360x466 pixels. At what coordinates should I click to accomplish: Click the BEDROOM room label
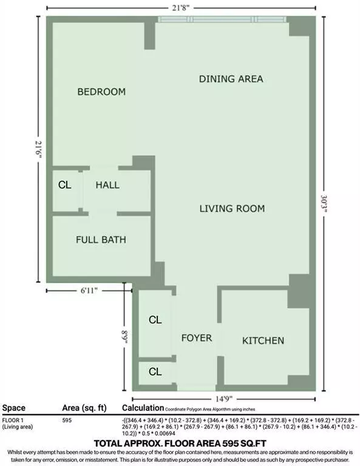101,92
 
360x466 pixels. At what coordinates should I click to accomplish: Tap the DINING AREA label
231,79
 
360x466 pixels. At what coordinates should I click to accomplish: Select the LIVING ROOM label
232,209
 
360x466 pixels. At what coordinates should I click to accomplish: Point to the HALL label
107,185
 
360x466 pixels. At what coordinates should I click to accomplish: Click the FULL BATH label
101,240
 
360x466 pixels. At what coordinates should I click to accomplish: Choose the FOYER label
197,337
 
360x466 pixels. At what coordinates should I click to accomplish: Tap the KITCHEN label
263,341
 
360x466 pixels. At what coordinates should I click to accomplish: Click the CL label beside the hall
65,185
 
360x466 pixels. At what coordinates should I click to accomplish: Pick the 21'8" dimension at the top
180,7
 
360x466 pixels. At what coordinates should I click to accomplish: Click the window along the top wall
222,19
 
